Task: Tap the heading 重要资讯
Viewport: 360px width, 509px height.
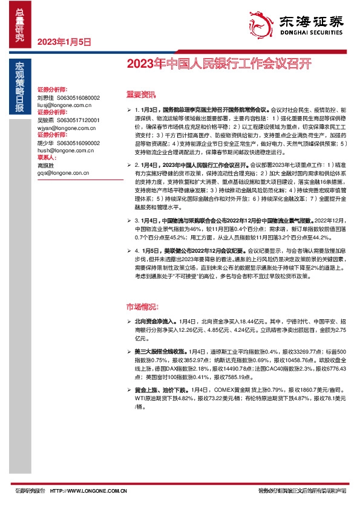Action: pos(141,95)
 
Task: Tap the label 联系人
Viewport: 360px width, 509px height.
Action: pos(45,159)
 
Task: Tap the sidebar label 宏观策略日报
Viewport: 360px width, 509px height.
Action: pos(20,88)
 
